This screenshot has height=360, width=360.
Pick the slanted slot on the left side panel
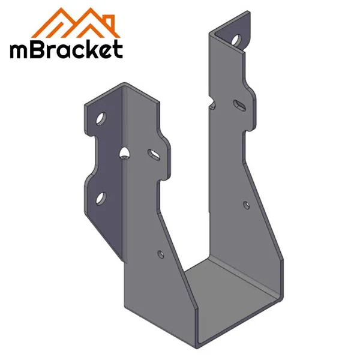click(154, 155)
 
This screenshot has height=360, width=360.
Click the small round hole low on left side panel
click(160, 254)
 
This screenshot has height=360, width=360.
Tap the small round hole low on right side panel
click(245, 205)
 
